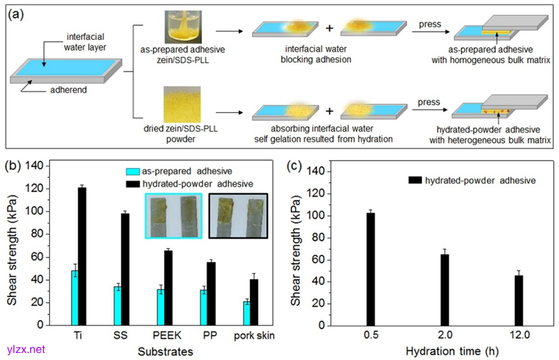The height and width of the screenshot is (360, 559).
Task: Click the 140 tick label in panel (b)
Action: [x=34, y=166]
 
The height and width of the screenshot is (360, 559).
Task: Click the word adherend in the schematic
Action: [x=67, y=90]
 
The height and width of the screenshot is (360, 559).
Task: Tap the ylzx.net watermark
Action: [x=23, y=348]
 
